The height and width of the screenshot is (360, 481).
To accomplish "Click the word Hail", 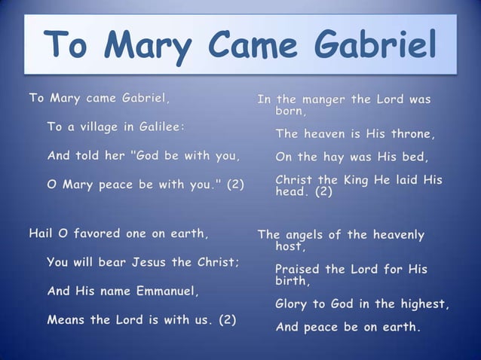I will (41, 233).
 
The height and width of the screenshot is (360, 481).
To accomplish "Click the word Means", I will (66, 319).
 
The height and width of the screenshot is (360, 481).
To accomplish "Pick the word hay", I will (333, 157).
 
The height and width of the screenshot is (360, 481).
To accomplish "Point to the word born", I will (290, 111).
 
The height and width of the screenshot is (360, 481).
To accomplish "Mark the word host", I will (290, 246).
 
